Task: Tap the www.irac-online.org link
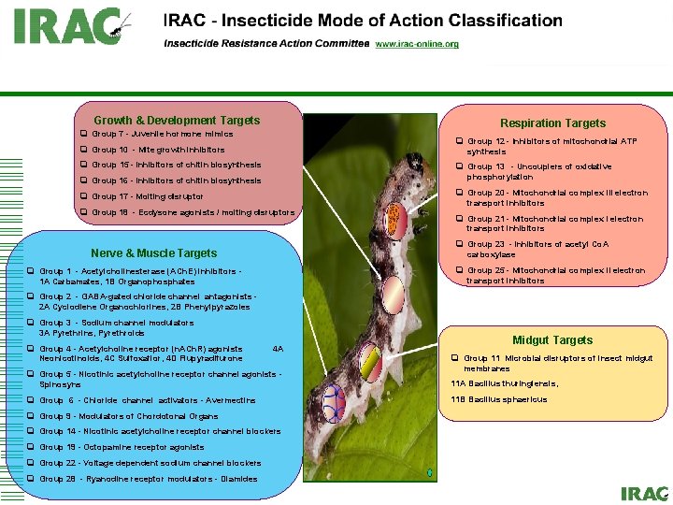coord(417,44)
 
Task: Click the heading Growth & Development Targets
coord(177,120)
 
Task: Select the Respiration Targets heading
coord(552,123)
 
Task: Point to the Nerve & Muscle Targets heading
coord(153,252)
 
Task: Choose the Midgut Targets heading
coord(551,340)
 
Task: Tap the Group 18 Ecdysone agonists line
coord(193,212)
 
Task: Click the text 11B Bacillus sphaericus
coord(499,399)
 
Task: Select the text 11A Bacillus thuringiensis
coord(505,383)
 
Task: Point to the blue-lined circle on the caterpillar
coord(331,403)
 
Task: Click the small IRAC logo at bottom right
coord(644,493)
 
